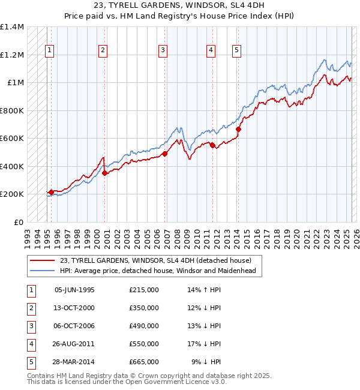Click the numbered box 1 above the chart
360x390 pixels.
(49, 51)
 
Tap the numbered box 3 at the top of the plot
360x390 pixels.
(163, 51)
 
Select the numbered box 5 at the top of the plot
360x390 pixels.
(237, 51)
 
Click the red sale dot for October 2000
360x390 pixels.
(104, 173)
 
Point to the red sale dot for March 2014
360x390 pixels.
(238, 129)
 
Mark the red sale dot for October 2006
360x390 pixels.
(165, 154)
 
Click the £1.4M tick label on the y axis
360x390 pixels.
(12, 28)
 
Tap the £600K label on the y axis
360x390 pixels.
(13, 139)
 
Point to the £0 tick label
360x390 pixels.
(19, 222)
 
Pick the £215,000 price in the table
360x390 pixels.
(144, 290)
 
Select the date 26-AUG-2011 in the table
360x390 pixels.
(74, 344)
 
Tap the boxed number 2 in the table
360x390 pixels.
(31, 308)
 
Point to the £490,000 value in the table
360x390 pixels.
(144, 326)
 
